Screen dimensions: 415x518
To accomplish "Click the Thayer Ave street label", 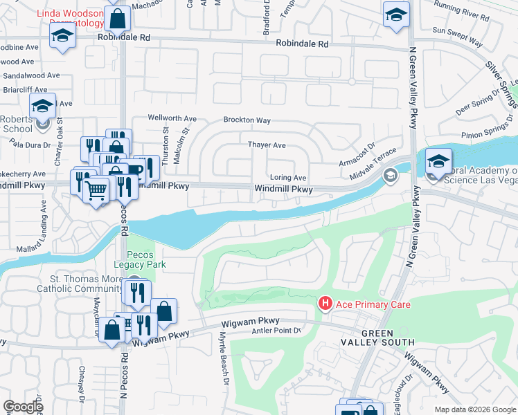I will pyautogui.click(x=267, y=145).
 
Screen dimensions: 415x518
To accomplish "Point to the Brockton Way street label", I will pyautogui.click(x=247, y=120).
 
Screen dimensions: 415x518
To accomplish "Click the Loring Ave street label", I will pyautogui.click(x=288, y=178).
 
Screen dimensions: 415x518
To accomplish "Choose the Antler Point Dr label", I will pyautogui.click(x=277, y=331).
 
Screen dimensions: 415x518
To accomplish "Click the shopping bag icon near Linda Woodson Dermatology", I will pyautogui.click(x=117, y=19).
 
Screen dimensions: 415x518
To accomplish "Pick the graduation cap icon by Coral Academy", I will pyautogui.click(x=438, y=161).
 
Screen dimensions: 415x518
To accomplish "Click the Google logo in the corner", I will pyautogui.click(x=23, y=407).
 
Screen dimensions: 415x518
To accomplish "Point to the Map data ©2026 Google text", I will pyautogui.click(x=474, y=409).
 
